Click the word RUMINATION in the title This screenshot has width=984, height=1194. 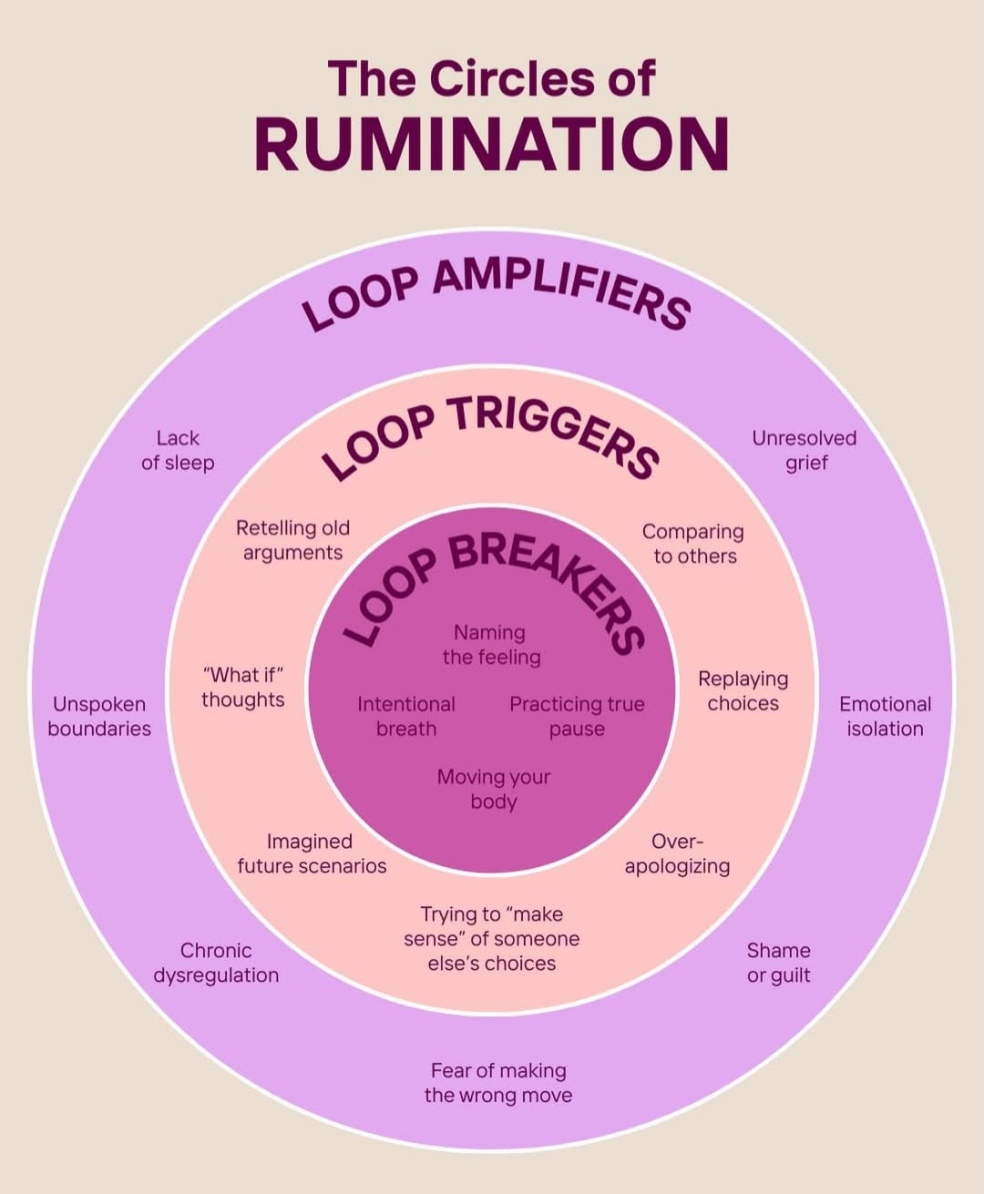point(492,144)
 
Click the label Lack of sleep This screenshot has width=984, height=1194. point(178,451)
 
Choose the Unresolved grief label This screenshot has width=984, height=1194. point(805,451)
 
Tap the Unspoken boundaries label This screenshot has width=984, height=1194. point(99,717)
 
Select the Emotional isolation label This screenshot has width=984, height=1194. point(885,717)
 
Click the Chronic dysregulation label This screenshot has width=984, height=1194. point(216,963)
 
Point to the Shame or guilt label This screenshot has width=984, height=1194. point(778,963)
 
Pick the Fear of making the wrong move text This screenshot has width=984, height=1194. point(498,1083)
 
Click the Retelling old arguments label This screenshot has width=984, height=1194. point(292,540)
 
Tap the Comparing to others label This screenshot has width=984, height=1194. point(694,544)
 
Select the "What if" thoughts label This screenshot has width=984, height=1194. point(243,688)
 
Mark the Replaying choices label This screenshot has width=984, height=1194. point(743,691)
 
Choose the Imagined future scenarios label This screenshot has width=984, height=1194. point(312,853)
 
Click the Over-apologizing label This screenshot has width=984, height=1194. point(677,853)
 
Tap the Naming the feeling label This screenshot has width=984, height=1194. point(491,645)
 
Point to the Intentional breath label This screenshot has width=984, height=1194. point(406,717)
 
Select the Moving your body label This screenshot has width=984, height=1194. point(494,790)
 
